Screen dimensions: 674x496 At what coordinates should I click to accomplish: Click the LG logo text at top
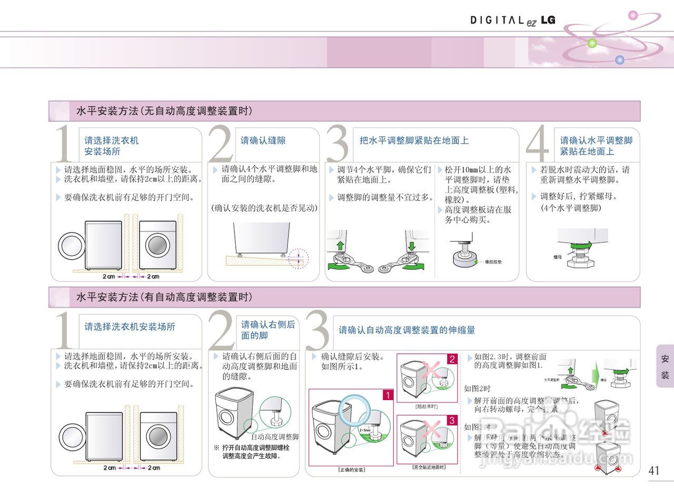(x=548, y=20)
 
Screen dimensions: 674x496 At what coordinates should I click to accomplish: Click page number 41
(x=654, y=470)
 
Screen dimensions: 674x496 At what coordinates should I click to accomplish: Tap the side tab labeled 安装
(x=665, y=367)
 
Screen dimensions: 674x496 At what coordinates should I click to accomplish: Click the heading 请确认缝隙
(x=263, y=141)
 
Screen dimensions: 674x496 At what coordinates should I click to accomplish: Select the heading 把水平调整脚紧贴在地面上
(x=414, y=141)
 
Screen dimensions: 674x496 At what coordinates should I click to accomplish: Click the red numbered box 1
(x=388, y=395)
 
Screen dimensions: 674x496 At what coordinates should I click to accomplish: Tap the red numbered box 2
(x=452, y=359)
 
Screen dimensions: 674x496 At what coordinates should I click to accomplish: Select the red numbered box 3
(x=452, y=421)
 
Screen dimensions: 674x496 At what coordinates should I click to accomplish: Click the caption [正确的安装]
(x=351, y=469)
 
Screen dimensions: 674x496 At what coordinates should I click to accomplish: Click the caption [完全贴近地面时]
(x=429, y=467)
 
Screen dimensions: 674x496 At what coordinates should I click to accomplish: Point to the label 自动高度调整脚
(x=275, y=437)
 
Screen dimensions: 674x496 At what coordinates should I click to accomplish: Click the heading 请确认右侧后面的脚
(x=268, y=330)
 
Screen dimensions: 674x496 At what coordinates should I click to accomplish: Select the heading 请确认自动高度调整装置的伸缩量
(x=407, y=330)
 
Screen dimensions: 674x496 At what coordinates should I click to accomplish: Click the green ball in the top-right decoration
(x=592, y=43)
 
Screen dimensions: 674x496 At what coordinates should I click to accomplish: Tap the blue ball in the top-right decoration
(x=620, y=60)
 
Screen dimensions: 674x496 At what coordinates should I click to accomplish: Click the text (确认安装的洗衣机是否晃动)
(x=264, y=208)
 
